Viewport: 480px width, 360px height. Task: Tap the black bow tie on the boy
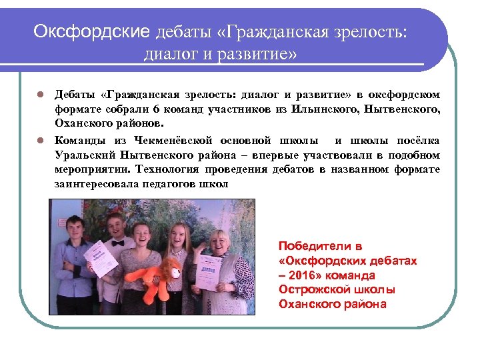pos(117,243)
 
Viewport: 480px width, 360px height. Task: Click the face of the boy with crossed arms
pos(75,225)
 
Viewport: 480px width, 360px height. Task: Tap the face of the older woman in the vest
pos(219,241)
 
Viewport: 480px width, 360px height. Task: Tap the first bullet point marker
pos(40,94)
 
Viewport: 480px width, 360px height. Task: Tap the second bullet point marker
pos(40,140)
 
